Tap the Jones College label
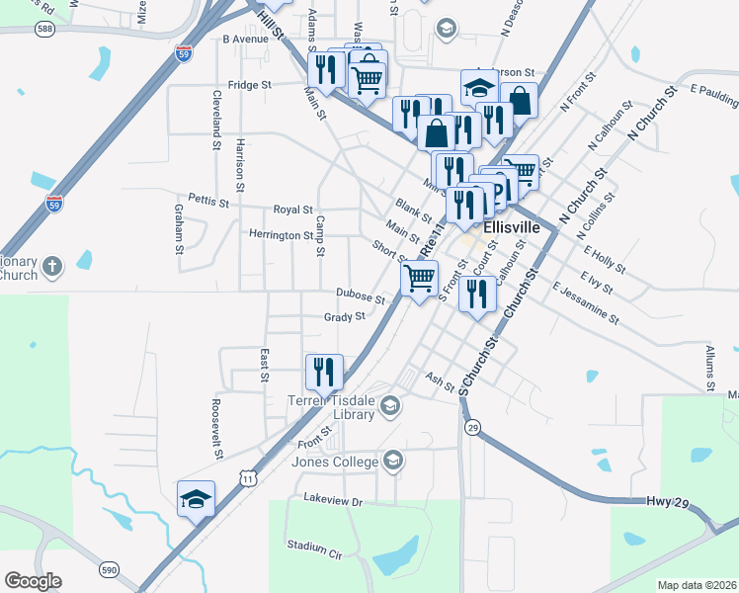[x=334, y=462]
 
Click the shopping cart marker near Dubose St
[x=419, y=280]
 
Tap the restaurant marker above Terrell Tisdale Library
[x=324, y=373]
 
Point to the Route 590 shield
[x=109, y=569]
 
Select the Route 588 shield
[x=45, y=30]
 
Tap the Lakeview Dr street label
[x=333, y=502]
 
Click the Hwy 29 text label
[x=667, y=503]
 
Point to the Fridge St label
[x=249, y=85]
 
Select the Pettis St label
[x=207, y=202]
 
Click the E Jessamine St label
[x=586, y=305]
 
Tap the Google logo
[x=34, y=581]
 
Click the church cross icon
[x=52, y=266]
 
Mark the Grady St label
[x=345, y=317]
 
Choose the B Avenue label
[x=245, y=40]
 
